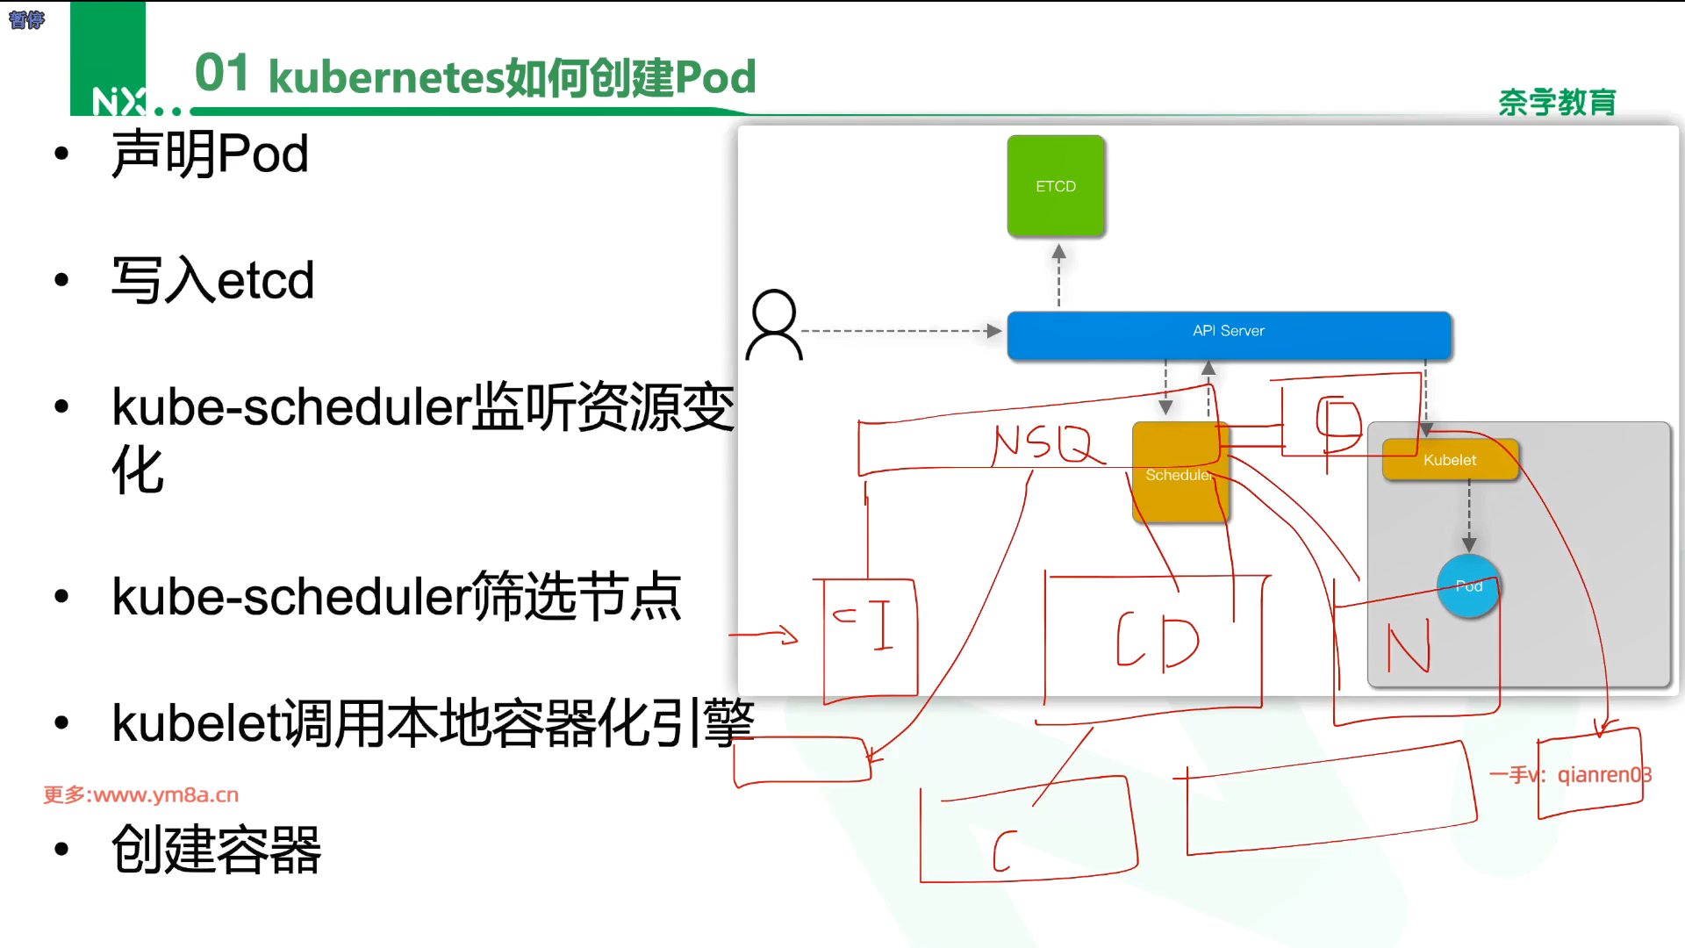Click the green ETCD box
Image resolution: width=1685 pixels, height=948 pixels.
tap(1055, 186)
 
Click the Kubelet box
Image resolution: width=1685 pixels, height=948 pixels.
tap(1450, 460)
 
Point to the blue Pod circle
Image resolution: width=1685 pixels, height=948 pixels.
tap(1468, 585)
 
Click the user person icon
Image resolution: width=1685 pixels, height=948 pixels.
tap(774, 325)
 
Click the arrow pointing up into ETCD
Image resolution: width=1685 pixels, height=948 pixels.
tap(1058, 274)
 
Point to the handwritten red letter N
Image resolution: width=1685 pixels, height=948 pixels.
tap(1408, 648)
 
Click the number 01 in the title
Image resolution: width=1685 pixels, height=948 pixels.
tap(221, 73)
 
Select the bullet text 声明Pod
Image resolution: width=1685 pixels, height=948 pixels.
tap(210, 154)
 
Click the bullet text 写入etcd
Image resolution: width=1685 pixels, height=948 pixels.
tap(212, 281)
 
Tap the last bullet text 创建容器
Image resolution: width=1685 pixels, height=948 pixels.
tap(216, 850)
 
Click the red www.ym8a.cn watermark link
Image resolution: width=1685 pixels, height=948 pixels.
tap(141, 794)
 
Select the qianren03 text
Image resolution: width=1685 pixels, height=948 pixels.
tap(1603, 775)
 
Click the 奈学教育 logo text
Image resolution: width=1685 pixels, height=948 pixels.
tap(1556, 103)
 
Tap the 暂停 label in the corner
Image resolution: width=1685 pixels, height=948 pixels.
tap(26, 19)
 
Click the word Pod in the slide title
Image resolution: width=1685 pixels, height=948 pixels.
tap(715, 77)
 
